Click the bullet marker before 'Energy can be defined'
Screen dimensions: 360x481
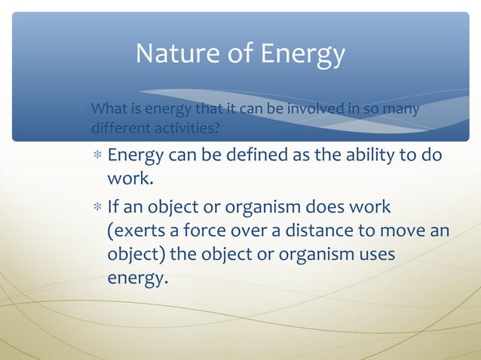[97, 157]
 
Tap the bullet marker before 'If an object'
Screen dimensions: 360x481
[97, 207]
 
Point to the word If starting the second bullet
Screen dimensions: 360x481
[114, 206]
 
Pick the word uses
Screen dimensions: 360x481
[374, 255]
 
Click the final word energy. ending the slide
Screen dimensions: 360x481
[136, 279]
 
